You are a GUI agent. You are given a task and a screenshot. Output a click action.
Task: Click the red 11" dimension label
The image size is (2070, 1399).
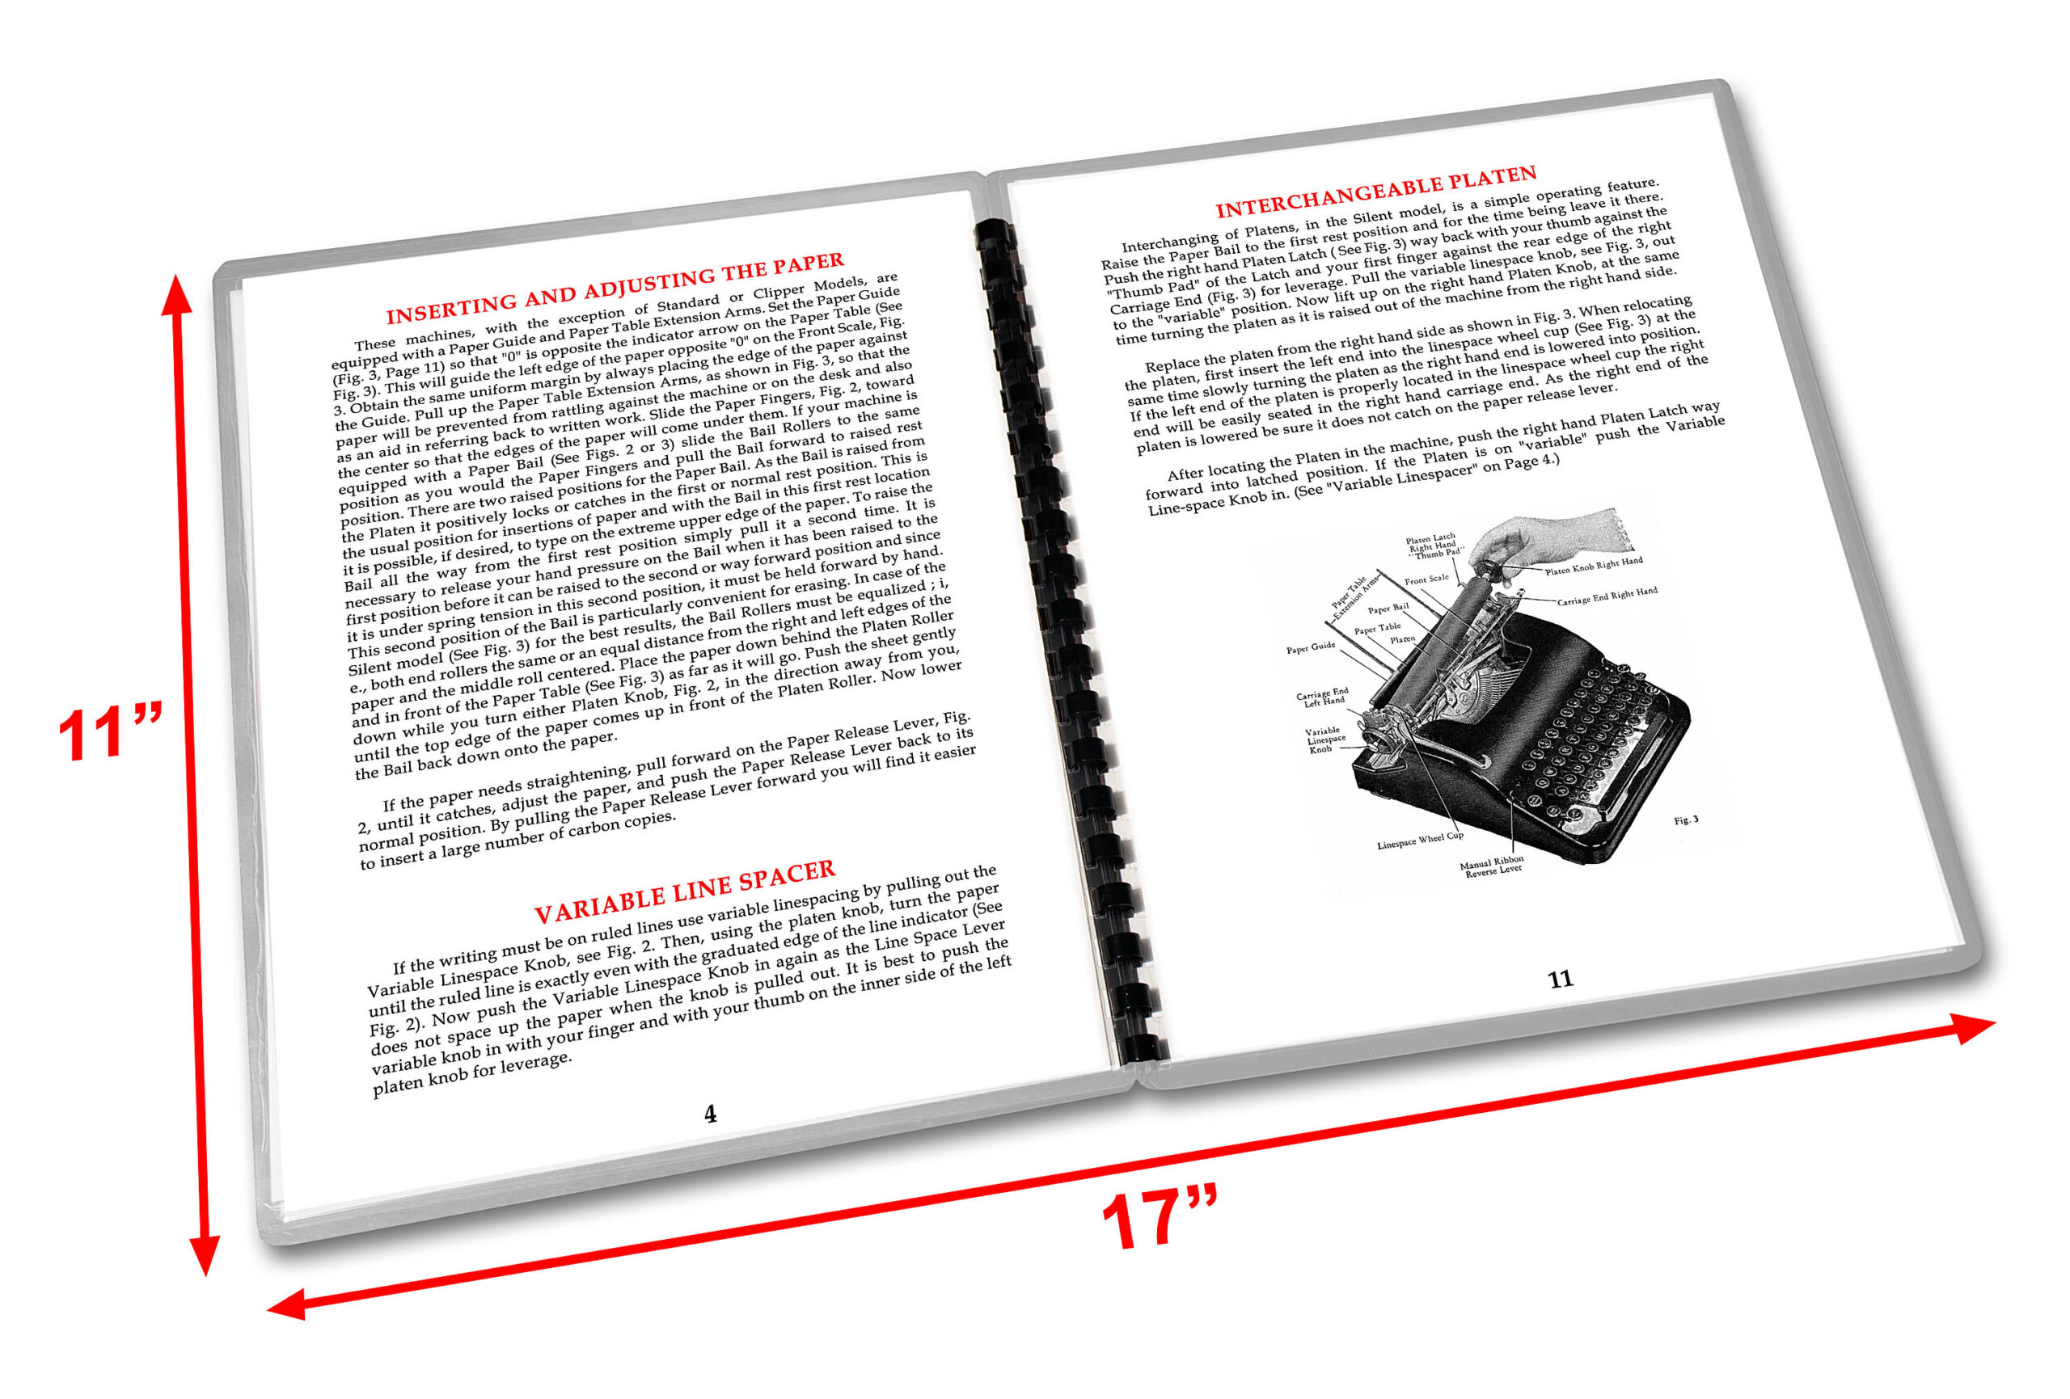pyautogui.click(x=108, y=733)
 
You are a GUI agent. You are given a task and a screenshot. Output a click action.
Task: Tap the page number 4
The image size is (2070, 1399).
pyautogui.click(x=710, y=1114)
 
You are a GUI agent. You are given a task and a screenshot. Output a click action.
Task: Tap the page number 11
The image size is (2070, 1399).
pyautogui.click(x=1560, y=980)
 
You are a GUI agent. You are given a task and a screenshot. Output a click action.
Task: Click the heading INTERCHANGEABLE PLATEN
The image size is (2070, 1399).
pyautogui.click(x=1376, y=192)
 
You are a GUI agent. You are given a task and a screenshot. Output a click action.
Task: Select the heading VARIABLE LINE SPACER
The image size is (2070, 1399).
pyautogui.click(x=684, y=892)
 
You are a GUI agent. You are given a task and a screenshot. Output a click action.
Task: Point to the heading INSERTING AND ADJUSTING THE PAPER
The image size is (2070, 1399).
pyautogui.click(x=615, y=289)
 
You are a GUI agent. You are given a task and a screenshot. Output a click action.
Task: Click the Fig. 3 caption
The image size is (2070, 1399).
pyautogui.click(x=1685, y=820)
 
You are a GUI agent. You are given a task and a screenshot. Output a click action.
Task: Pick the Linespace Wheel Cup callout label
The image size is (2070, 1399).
pyautogui.click(x=1420, y=840)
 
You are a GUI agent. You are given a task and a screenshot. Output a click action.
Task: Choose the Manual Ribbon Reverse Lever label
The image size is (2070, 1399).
pyautogui.click(x=1492, y=866)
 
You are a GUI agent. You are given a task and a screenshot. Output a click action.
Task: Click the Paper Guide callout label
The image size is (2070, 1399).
pyautogui.click(x=1310, y=647)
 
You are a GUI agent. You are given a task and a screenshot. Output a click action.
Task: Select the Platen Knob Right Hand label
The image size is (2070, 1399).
pyautogui.click(x=1594, y=566)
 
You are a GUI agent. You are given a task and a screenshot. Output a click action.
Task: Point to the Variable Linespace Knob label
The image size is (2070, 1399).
pyautogui.click(x=1325, y=740)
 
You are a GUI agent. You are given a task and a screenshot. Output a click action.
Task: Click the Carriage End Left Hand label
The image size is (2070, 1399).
pyautogui.click(x=1323, y=697)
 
